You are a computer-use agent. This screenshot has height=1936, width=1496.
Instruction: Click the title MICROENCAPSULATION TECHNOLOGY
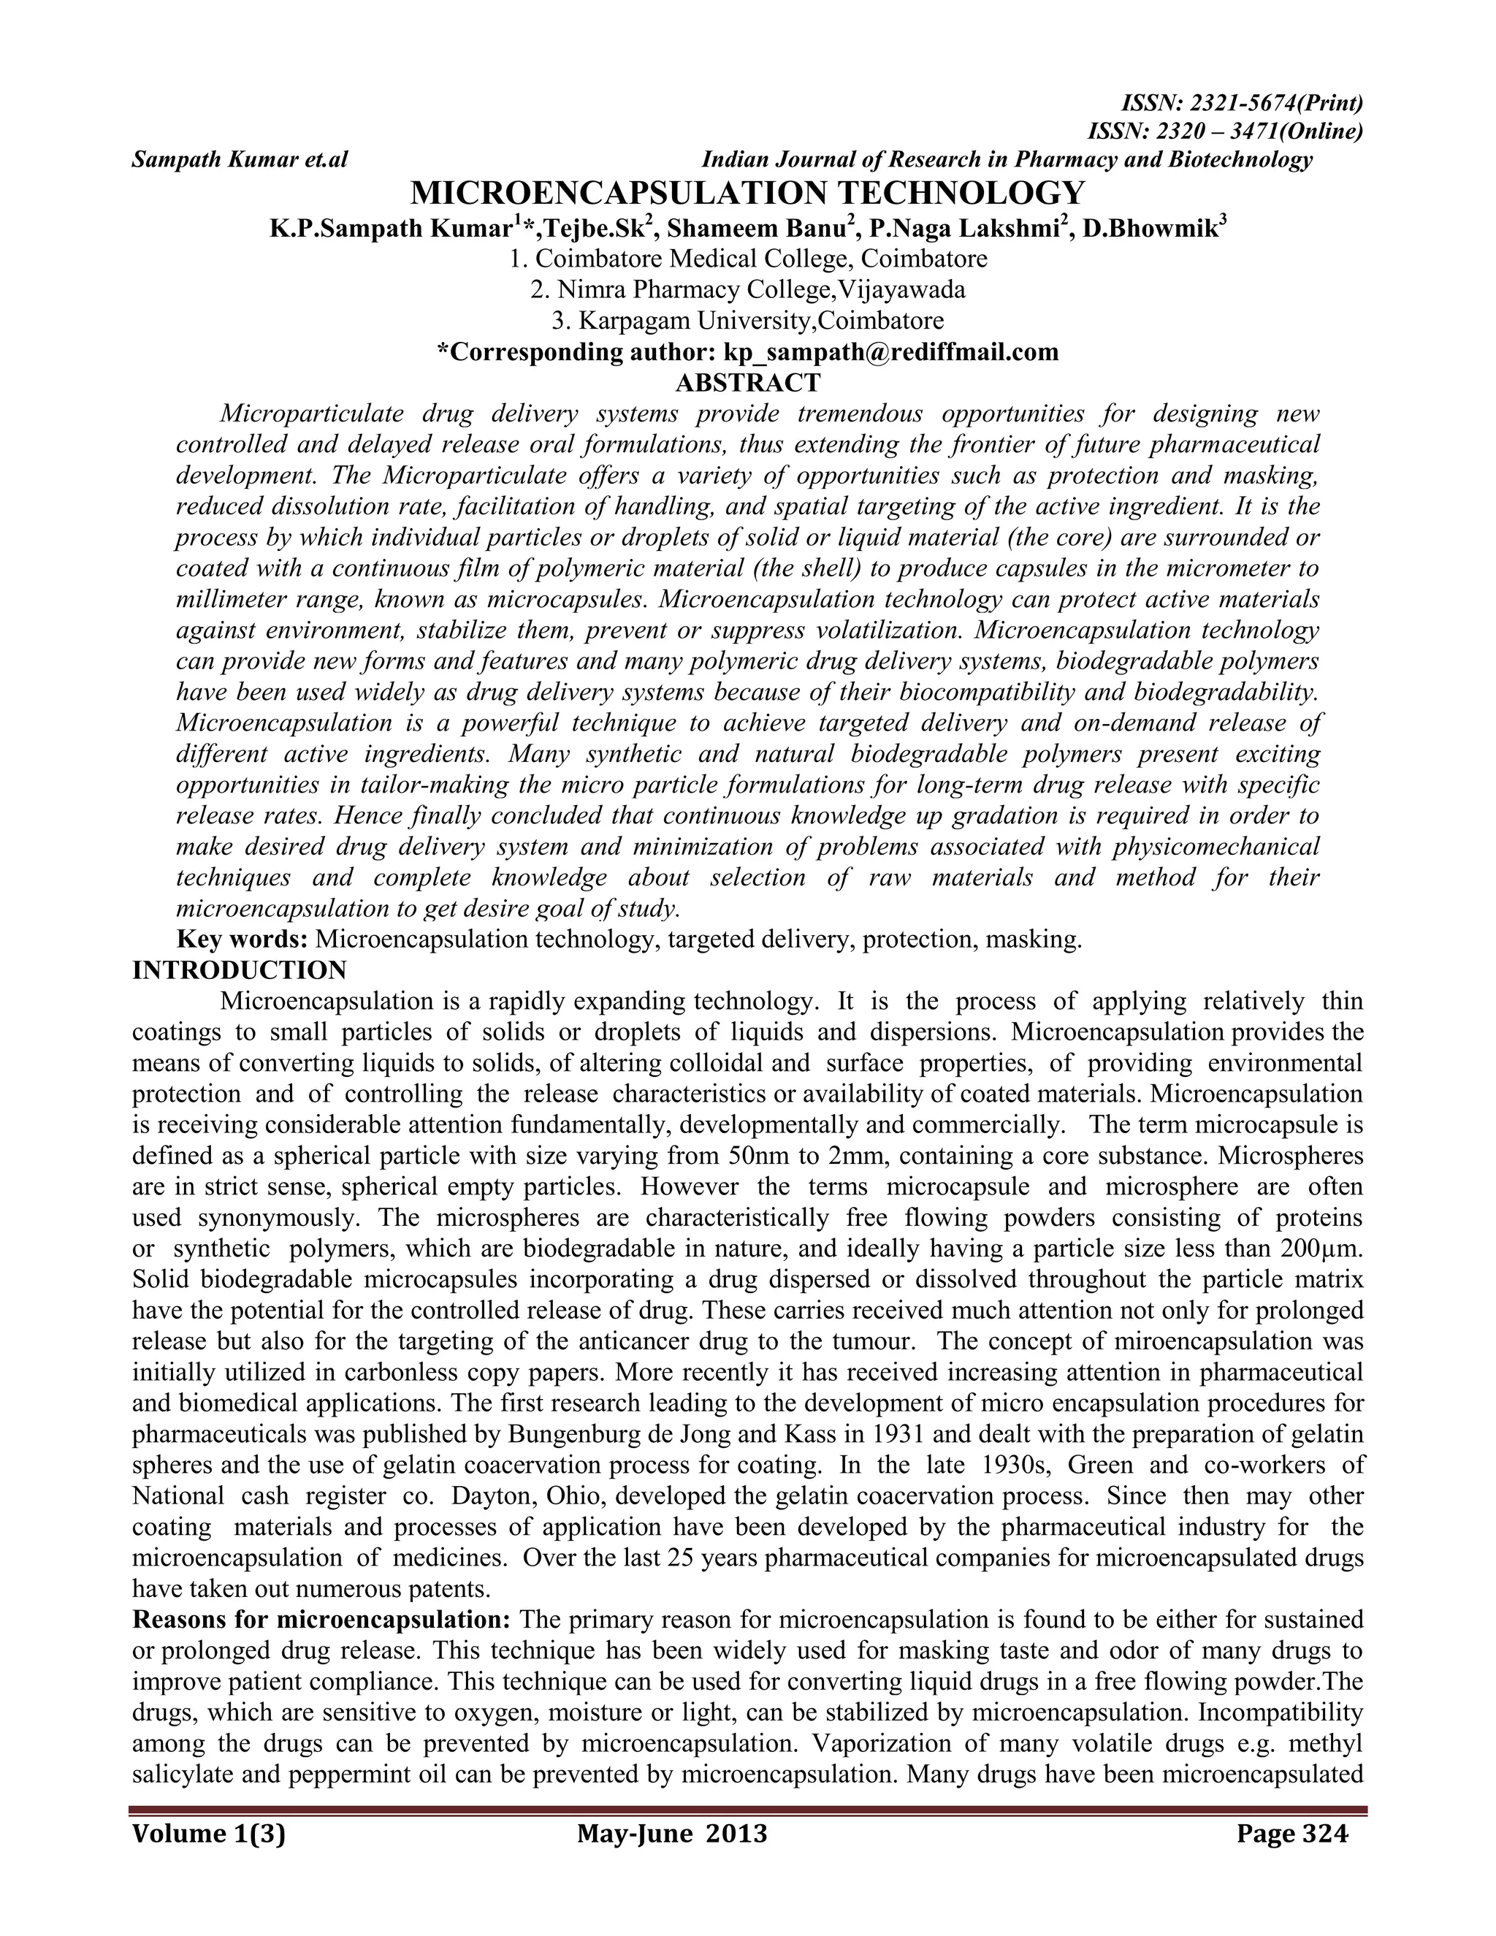pyautogui.click(x=747, y=192)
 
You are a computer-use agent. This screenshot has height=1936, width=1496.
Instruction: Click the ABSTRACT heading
pyautogui.click(x=747, y=383)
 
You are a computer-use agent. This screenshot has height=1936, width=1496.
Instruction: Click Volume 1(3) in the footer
pyautogui.click(x=208, y=1832)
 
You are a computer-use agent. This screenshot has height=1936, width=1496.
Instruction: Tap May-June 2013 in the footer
pyautogui.click(x=672, y=1832)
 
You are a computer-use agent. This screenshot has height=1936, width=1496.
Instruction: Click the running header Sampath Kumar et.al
pyautogui.click(x=240, y=161)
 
